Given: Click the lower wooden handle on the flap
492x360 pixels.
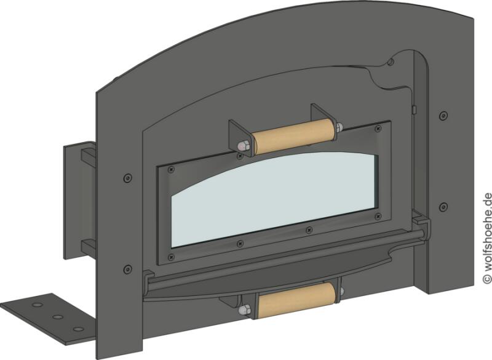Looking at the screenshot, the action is (296, 300).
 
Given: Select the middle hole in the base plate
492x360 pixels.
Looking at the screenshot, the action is (57, 317).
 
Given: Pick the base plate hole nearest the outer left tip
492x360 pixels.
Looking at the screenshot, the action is (38, 305).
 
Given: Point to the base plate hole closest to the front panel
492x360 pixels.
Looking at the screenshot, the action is (78, 329).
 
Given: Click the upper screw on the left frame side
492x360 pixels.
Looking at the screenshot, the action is (127, 178).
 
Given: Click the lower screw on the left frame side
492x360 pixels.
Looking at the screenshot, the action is (127, 269).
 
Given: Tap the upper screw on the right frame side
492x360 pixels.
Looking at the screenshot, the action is (443, 115).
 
